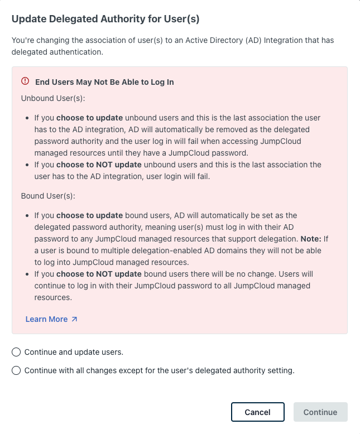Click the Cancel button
tap(257, 412)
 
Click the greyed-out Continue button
tap(320, 412)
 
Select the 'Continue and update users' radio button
tap(16, 352)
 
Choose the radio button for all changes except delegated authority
tap(16, 370)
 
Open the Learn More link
tap(46, 319)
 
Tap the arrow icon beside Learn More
tap(74, 319)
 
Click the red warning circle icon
tap(25, 81)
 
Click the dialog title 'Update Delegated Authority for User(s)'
tap(105, 19)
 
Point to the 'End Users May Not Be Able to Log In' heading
tap(104, 82)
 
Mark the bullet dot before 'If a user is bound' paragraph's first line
tap(28, 215)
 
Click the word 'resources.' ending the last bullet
tap(53, 297)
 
